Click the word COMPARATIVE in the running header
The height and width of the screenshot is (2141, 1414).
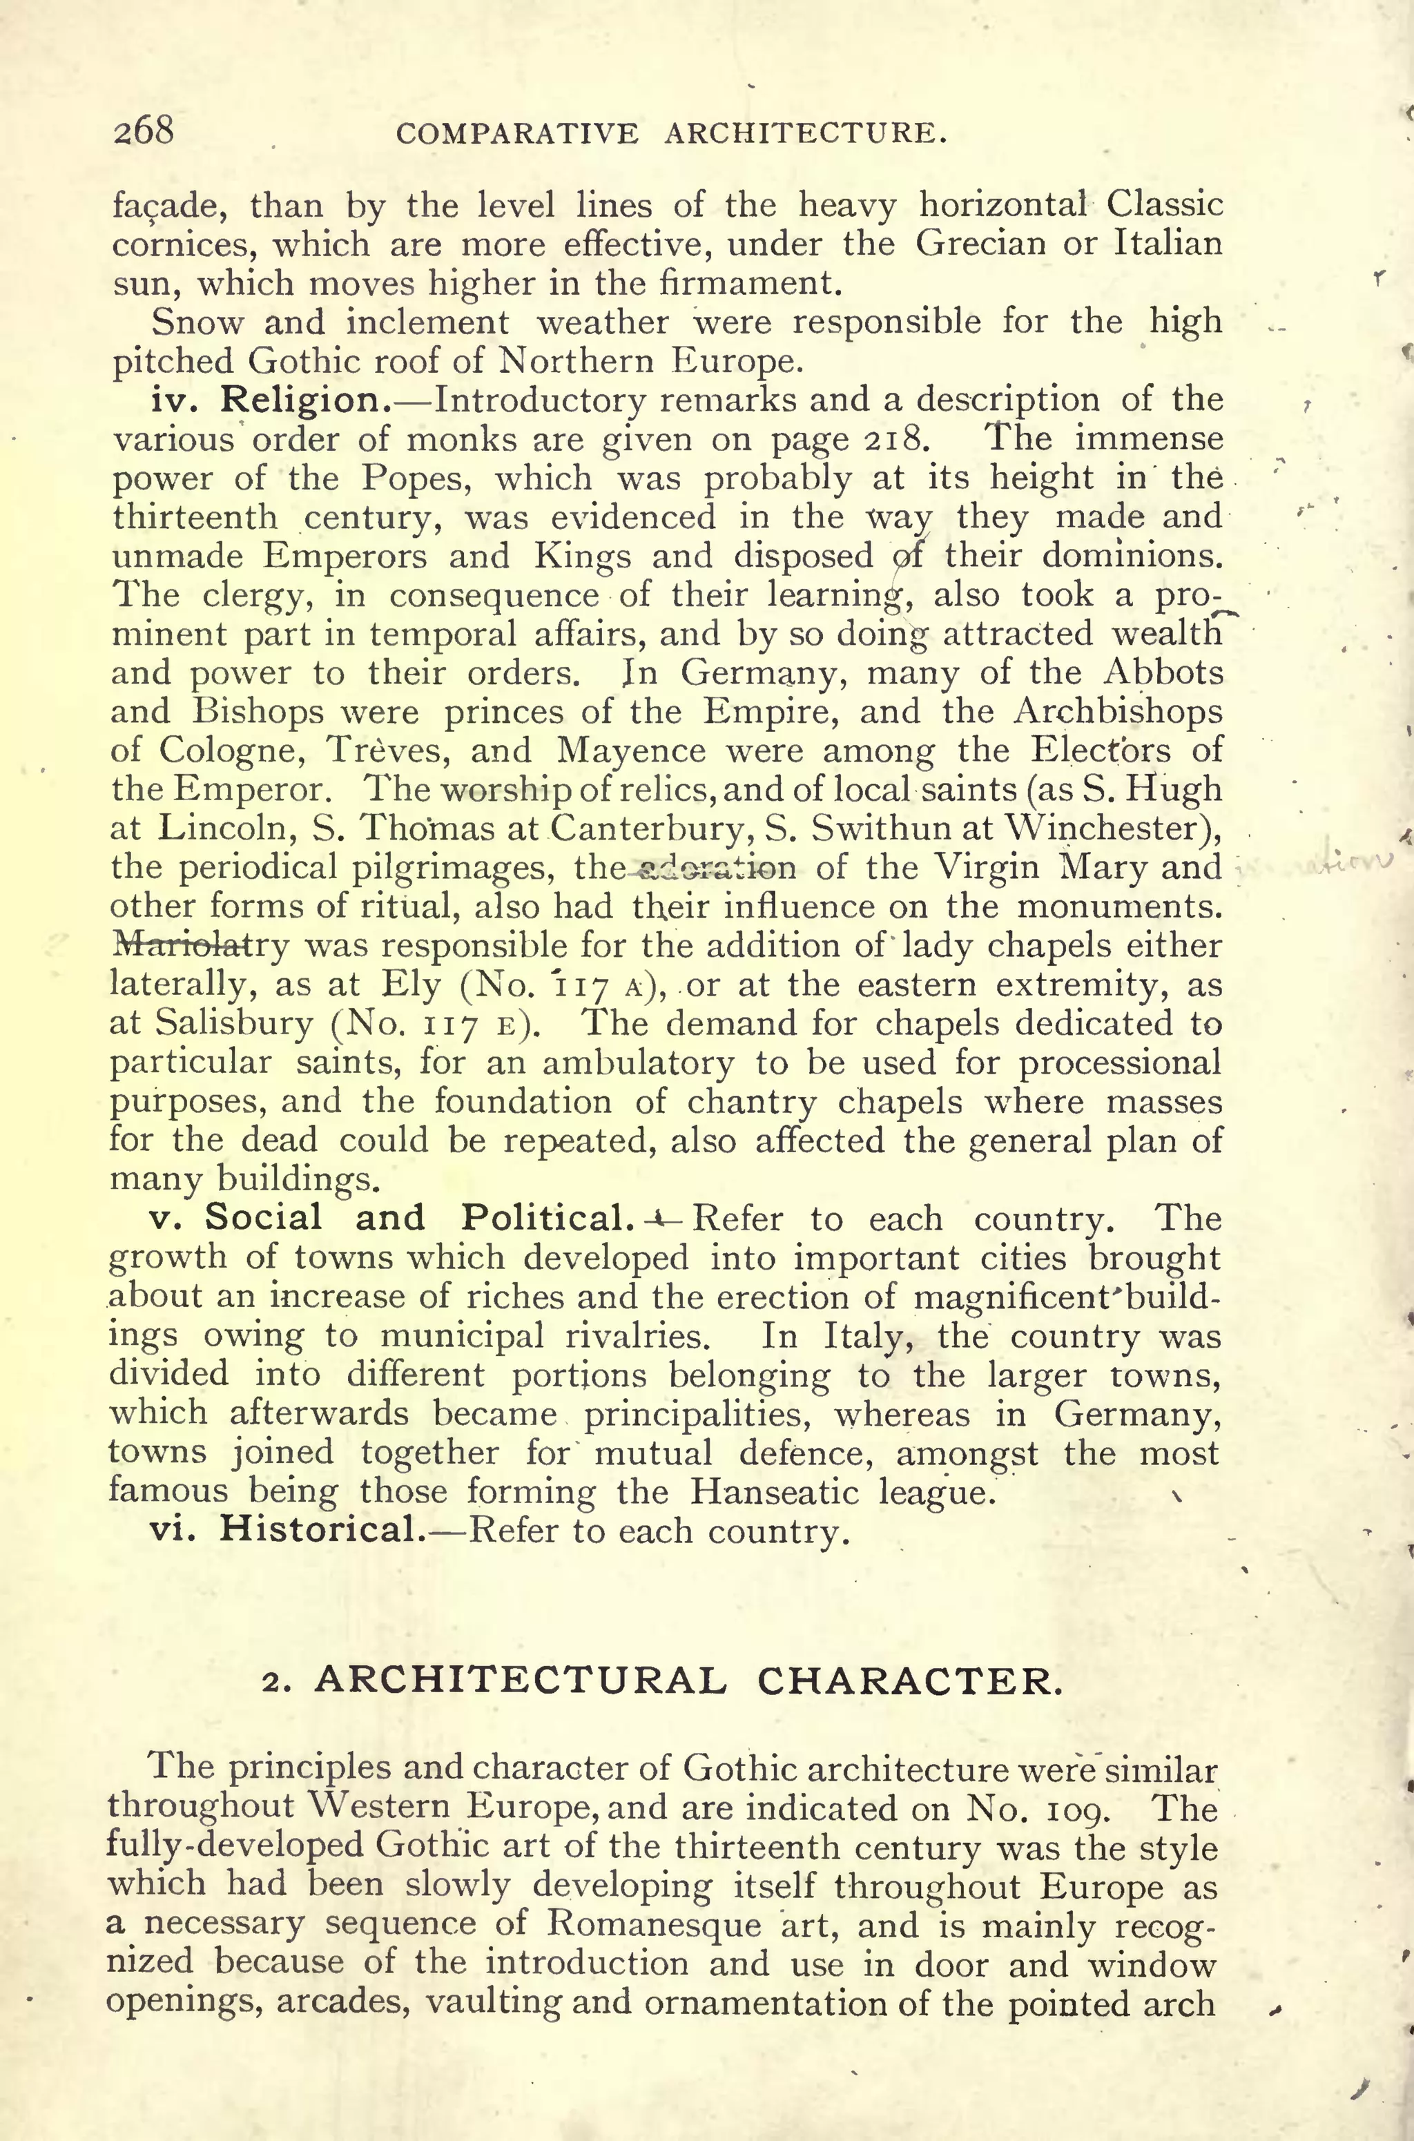518,135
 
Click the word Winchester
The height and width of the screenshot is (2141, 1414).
1105,829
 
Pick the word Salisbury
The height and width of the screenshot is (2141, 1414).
233,1025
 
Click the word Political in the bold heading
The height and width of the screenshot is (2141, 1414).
542,1219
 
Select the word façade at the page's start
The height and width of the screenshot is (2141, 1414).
167,206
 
